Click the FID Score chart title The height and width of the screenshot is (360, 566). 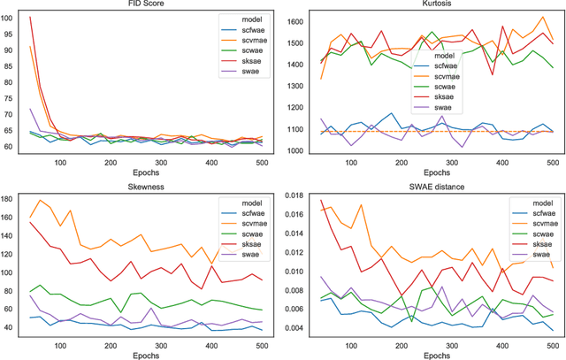[x=146, y=6]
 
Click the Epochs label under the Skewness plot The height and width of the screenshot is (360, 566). [x=146, y=353]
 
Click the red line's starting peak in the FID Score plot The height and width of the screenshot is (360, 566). [x=31, y=17]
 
